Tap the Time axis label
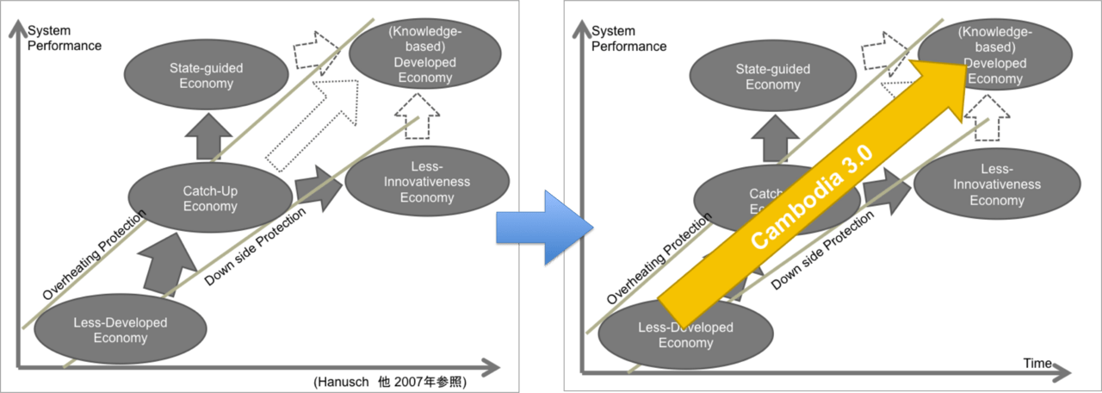coord(1037,364)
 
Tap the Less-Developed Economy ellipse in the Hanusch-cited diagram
coord(121,329)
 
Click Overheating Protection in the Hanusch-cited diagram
coord(94,254)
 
